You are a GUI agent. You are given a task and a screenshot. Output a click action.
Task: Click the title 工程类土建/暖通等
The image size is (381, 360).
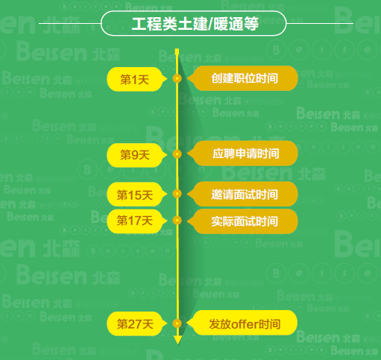[x=195, y=24]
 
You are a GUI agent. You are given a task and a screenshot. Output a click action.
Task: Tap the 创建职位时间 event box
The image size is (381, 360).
[x=242, y=78]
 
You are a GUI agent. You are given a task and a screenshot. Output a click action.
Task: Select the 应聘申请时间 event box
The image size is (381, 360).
[x=242, y=154]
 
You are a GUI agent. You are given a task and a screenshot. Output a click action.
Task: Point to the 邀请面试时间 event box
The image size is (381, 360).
[x=242, y=194]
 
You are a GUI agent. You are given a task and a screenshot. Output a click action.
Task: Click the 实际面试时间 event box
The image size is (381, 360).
[x=242, y=221]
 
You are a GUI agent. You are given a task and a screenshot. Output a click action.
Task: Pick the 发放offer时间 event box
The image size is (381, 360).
[x=242, y=323]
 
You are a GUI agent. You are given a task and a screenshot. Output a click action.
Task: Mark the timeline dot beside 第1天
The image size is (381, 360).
[x=177, y=79]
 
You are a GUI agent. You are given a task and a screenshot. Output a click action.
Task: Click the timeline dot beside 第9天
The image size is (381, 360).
[x=177, y=154]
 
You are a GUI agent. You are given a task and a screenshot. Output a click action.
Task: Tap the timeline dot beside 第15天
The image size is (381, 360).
[x=177, y=194]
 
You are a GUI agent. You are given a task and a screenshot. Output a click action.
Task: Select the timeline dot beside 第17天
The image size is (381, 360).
[x=177, y=221]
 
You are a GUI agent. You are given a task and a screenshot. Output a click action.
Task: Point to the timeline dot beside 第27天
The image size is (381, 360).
[x=177, y=323]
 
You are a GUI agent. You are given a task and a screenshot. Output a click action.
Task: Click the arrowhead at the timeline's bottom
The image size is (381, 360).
[x=177, y=340]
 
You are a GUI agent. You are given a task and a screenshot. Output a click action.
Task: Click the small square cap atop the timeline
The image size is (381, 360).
[x=177, y=51]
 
